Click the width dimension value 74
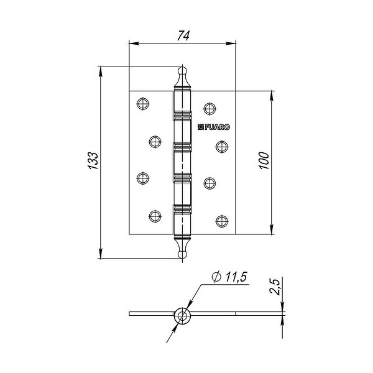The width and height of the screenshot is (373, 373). pyautogui.click(x=183, y=35)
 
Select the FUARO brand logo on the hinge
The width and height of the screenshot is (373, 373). pyautogui.click(x=214, y=127)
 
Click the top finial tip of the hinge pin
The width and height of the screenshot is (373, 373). pyautogui.click(x=182, y=68)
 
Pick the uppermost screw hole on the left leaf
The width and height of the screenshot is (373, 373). pyautogui.click(x=142, y=104)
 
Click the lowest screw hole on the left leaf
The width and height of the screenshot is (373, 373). pyautogui.click(x=155, y=216)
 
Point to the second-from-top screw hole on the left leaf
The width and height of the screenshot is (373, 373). pyautogui.click(x=155, y=141)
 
